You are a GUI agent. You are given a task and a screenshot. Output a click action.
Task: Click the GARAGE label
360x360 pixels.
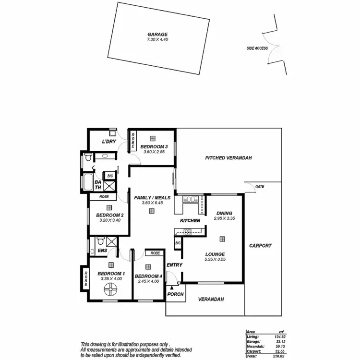(157, 35)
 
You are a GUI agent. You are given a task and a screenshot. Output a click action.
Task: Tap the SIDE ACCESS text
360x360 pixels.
(257, 48)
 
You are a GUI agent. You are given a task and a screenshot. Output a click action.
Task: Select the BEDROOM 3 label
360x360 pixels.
(154, 146)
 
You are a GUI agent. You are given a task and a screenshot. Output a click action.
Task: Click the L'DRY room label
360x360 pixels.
(109, 142)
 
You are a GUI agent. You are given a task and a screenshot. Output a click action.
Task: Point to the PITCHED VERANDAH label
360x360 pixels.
(228, 158)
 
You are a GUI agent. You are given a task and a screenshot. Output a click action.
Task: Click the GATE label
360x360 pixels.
(260, 186)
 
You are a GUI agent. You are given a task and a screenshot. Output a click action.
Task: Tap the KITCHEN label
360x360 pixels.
(190, 220)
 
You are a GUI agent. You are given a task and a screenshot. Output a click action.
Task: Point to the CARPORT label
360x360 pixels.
(261, 246)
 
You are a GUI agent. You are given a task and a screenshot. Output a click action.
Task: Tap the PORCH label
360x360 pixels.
(176, 294)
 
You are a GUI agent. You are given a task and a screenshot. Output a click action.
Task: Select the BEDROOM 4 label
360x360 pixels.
(148, 276)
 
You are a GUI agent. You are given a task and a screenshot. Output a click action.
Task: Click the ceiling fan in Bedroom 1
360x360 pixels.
(111, 289)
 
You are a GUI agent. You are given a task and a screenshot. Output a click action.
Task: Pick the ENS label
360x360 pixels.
(102, 250)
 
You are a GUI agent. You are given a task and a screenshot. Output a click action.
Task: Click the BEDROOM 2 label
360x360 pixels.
(110, 215)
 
